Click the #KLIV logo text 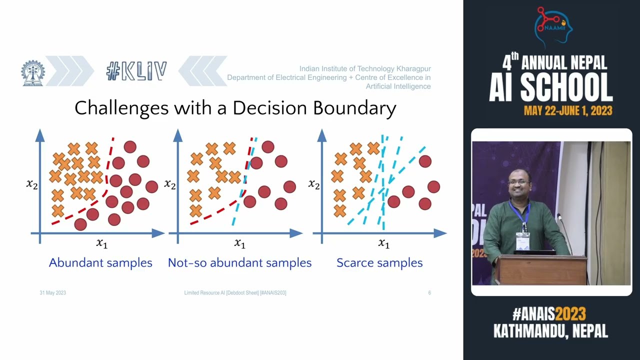[136, 71]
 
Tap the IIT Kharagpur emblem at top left [32, 73]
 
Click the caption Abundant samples [100, 262]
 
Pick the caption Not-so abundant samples [239, 262]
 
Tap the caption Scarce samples [379, 262]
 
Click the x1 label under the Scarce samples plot [383, 243]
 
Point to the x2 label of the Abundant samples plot [32, 184]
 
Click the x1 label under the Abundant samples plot [101, 243]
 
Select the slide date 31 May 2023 [52, 292]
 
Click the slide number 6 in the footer [429, 292]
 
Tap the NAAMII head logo [552, 27]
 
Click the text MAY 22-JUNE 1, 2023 [568, 110]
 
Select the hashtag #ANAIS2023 [548, 314]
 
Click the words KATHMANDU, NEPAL [550, 331]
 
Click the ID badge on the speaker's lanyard [522, 241]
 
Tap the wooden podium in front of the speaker [542, 270]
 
